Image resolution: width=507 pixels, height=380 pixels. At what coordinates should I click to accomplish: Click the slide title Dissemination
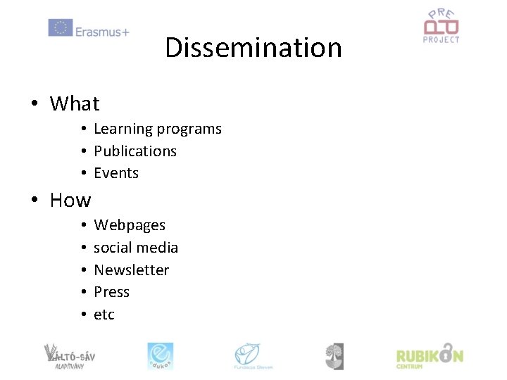coord(254,48)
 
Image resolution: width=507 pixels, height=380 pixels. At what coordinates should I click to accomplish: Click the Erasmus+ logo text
coord(102,31)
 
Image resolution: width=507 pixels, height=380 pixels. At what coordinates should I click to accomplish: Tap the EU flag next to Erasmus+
coord(60,28)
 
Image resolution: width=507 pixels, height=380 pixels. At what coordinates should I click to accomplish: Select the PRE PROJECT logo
coord(441,26)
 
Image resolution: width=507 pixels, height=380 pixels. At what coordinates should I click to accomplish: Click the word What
coord(75,104)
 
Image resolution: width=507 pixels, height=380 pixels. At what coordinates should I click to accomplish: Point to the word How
coord(70,201)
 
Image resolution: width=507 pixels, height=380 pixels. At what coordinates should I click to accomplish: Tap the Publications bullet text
coord(135,151)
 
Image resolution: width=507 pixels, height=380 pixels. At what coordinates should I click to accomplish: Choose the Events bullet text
coord(116,173)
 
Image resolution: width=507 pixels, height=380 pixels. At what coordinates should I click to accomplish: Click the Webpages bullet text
coord(130,226)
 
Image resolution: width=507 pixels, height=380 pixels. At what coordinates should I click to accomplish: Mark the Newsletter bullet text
coord(132,270)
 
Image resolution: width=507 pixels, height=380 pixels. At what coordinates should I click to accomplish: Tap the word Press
coord(112,292)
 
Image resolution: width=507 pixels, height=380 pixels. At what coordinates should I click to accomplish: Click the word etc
coord(104,315)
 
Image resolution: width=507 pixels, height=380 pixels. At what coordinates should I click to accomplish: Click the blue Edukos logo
coord(160,356)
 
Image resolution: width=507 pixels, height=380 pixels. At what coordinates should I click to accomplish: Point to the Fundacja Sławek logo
coord(254,356)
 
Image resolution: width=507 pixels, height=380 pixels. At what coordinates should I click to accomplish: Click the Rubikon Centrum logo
coord(430,356)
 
